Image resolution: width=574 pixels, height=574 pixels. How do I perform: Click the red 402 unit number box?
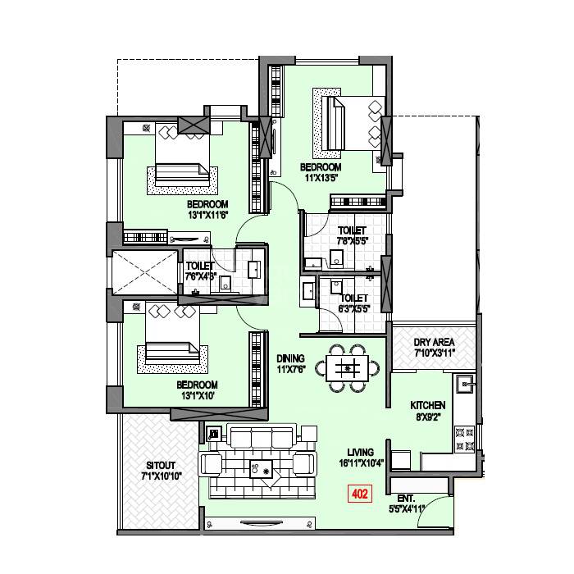coord(358,494)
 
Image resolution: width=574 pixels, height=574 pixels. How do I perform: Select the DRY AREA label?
coord(433,342)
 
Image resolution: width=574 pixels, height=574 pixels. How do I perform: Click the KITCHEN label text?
coord(427,405)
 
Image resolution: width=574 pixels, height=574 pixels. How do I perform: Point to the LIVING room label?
coord(360,452)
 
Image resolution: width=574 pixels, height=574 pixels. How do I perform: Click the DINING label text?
coord(291,358)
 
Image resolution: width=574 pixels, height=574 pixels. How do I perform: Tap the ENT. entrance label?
coord(406,498)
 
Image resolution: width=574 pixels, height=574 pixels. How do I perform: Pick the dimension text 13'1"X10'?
coord(197,395)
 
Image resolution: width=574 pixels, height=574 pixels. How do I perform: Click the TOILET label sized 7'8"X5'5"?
coord(352,231)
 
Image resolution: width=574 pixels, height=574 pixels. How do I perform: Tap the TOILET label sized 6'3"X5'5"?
coord(353,298)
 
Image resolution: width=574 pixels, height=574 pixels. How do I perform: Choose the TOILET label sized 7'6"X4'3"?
coord(200,266)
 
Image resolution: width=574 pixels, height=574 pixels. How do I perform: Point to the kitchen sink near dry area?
coord(463,382)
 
